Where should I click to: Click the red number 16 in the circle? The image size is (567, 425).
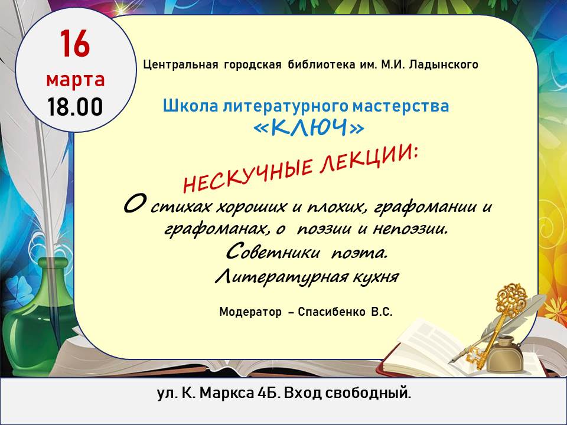75,44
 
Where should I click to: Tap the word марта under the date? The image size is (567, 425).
75,80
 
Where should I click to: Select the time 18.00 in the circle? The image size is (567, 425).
75,107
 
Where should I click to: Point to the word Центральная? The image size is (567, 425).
181,65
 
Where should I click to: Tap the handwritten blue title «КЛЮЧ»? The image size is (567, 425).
308,127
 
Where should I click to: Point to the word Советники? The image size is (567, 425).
273,252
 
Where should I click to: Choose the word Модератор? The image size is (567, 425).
250,312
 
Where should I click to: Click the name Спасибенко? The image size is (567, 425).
331,312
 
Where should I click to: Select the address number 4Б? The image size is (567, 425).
269,393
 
